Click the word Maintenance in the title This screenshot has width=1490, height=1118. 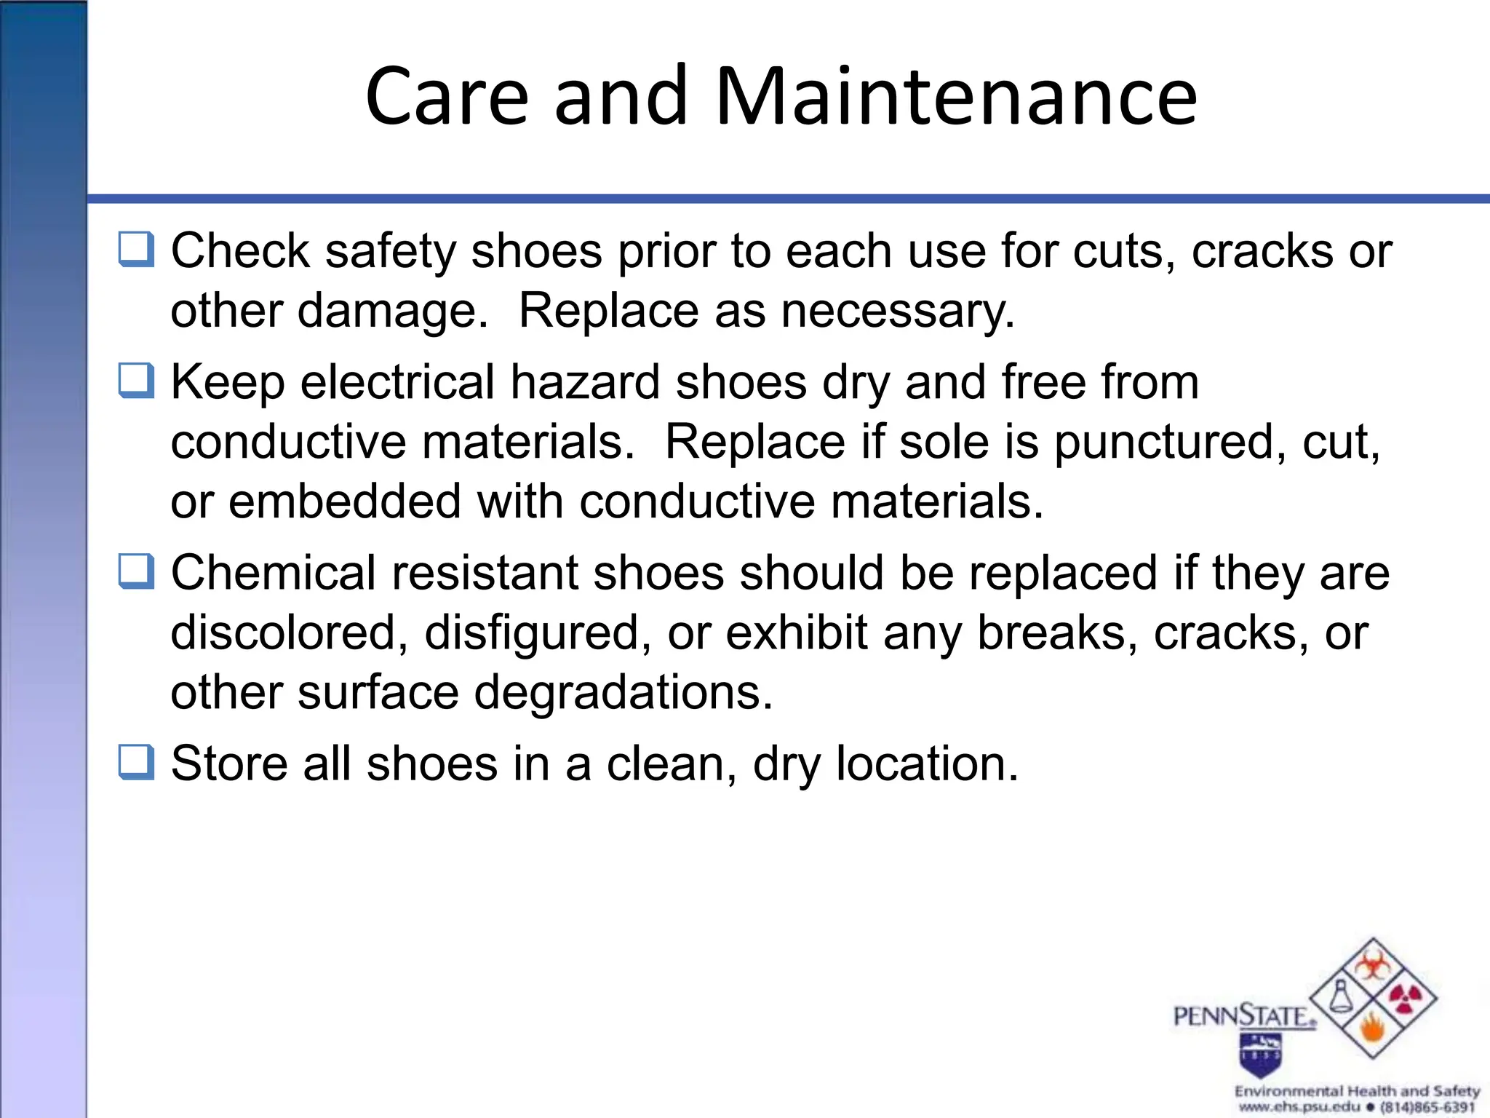(956, 96)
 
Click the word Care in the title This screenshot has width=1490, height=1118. (447, 96)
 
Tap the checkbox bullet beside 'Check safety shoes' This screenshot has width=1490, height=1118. (136, 249)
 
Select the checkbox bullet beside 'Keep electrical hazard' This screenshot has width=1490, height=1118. (136, 381)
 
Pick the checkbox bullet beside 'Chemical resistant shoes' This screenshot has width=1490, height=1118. (136, 571)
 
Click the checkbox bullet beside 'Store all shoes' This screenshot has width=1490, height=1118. (136, 762)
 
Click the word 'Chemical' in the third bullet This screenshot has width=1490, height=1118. (273, 573)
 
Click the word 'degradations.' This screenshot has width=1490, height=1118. (624, 692)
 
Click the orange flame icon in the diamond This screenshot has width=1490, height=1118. (1372, 1028)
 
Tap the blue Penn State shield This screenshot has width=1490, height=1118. (1261, 1055)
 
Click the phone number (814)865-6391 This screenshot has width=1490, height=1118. (1427, 1107)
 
